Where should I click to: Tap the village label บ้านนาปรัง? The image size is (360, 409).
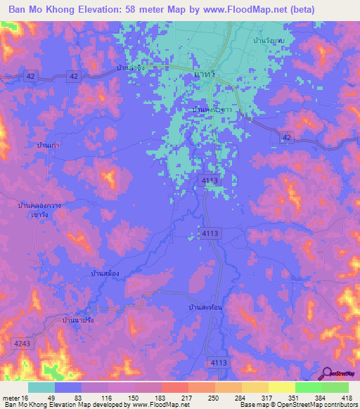tap(79, 320)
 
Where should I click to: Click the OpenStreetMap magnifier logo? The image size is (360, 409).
tap(328, 374)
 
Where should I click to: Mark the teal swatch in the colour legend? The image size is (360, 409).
tap(41, 387)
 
